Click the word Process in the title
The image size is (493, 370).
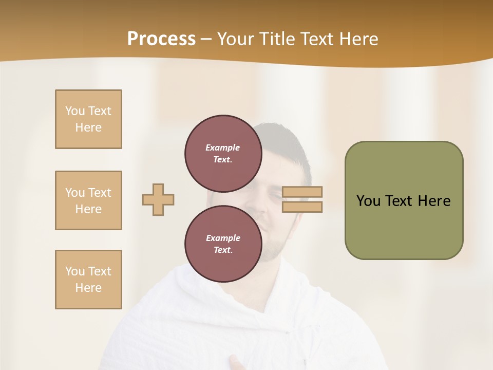pyautogui.click(x=161, y=39)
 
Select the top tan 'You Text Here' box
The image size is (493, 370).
pyautogui.click(x=88, y=119)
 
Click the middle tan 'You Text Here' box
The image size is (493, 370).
pyautogui.click(x=88, y=200)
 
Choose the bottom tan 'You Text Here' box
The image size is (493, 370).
pyautogui.click(x=88, y=280)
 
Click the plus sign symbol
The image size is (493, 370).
pyautogui.click(x=158, y=199)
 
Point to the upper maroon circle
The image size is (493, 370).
pyautogui.click(x=223, y=153)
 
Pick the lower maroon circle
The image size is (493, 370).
pyautogui.click(x=223, y=244)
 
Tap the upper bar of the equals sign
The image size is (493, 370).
pyautogui.click(x=302, y=192)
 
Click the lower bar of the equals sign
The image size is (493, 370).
pyautogui.click(x=302, y=207)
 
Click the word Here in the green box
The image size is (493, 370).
pyautogui.click(x=434, y=201)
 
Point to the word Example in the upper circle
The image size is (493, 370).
pyautogui.click(x=223, y=147)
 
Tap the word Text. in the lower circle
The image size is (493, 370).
pyautogui.click(x=223, y=250)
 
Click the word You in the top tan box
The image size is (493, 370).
pyautogui.click(x=74, y=111)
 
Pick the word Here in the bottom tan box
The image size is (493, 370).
pyautogui.click(x=88, y=288)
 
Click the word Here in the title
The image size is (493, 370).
pyautogui.click(x=359, y=39)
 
